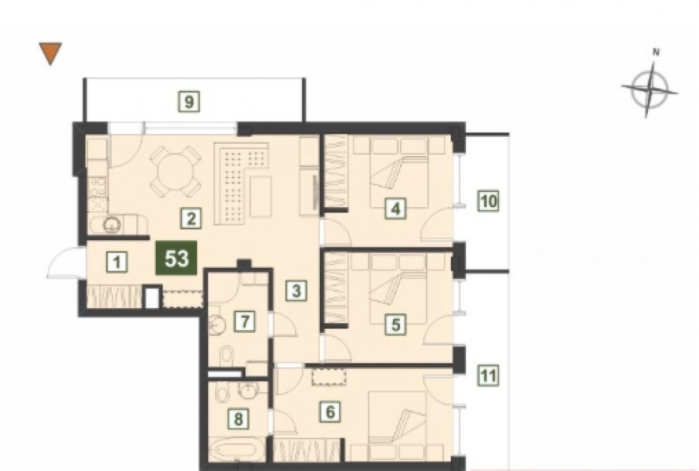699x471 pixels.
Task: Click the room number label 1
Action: click(x=117, y=261)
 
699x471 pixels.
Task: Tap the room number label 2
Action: click(x=191, y=218)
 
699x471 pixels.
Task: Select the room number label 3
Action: click(x=296, y=291)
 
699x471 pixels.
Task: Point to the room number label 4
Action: click(x=396, y=208)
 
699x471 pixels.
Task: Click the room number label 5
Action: click(x=396, y=324)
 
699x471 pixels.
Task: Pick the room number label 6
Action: click(x=330, y=411)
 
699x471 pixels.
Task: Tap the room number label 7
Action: click(x=245, y=321)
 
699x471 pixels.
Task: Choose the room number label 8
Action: click(x=239, y=419)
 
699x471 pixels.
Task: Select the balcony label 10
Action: click(x=489, y=201)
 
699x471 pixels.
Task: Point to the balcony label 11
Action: click(x=489, y=376)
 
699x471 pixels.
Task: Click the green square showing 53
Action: click(x=176, y=258)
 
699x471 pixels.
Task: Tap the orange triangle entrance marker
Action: click(x=51, y=52)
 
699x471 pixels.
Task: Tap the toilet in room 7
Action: click(x=226, y=356)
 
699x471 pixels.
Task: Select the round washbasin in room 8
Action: click(x=246, y=391)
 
